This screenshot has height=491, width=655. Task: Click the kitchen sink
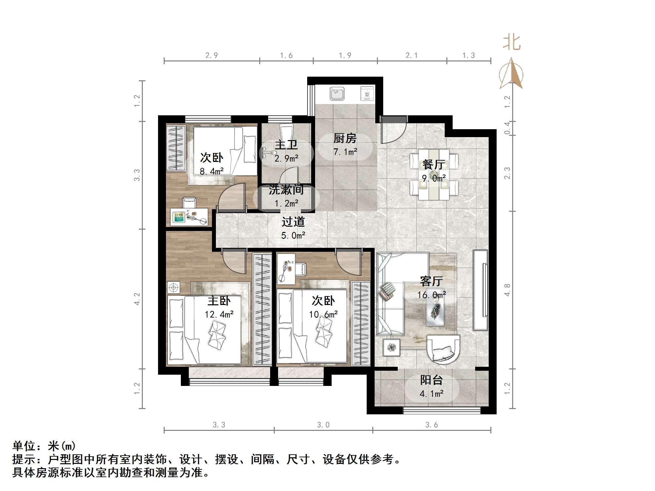[x=337, y=94]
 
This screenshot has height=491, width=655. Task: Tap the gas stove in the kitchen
[x=367, y=94]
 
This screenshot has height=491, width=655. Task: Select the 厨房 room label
[x=345, y=138]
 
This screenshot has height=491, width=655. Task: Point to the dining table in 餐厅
[x=434, y=174]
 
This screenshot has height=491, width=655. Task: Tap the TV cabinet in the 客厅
[x=480, y=290]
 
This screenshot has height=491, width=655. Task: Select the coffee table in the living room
[x=435, y=307]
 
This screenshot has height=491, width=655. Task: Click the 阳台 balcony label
[x=431, y=380]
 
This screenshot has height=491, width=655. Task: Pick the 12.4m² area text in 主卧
[x=219, y=314]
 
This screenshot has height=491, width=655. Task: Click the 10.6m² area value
[x=323, y=314]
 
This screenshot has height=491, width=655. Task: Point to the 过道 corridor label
[x=293, y=222]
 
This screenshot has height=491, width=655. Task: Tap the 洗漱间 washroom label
[x=286, y=190]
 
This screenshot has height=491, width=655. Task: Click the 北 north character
[x=512, y=43]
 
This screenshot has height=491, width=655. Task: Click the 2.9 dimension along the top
[x=212, y=55]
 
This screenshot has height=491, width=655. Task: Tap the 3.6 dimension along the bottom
[x=431, y=425]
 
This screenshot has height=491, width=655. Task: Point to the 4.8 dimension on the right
[x=507, y=290]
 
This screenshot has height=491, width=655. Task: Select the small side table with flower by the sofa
[x=392, y=348]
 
